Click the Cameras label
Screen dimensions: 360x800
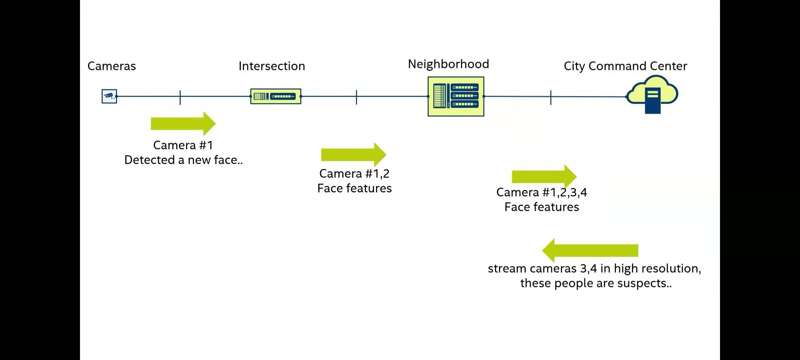point(112,66)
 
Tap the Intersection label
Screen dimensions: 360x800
point(272,66)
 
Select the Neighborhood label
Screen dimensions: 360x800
point(448,64)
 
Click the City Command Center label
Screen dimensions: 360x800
point(625,66)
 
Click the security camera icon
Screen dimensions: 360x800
point(109,96)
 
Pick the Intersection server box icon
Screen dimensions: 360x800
point(276,96)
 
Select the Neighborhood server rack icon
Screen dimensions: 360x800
point(456,96)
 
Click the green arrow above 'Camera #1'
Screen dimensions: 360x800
point(183,124)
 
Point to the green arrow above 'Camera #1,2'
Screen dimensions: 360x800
point(353,155)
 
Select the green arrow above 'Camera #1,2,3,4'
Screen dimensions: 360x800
point(544,176)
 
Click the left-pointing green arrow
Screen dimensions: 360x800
point(590,251)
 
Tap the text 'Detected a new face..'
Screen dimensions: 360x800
point(183,160)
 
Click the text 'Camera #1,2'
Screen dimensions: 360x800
point(354,174)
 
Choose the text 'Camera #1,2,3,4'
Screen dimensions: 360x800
point(542,192)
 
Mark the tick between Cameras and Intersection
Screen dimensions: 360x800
point(180,97)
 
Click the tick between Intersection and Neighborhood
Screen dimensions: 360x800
point(356,97)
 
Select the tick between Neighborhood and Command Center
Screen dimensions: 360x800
point(551,97)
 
